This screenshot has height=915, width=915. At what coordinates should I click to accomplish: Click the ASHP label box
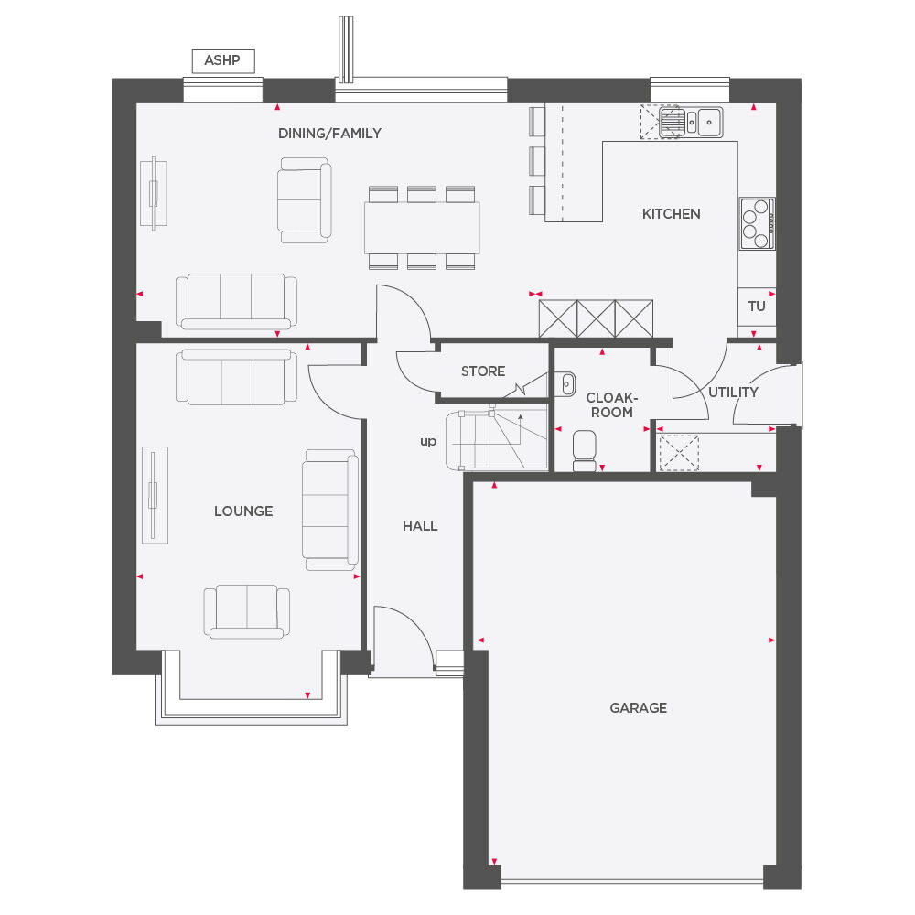[x=222, y=61]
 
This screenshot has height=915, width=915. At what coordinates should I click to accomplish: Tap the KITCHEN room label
[x=671, y=214]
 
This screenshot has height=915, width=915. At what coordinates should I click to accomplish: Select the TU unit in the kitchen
[x=757, y=307]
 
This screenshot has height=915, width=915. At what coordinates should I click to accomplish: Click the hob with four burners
[x=757, y=223]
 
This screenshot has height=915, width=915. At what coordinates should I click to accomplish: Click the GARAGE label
[x=638, y=707]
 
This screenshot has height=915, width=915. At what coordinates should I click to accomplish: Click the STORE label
[x=482, y=371]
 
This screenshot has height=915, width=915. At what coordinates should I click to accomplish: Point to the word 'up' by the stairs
[x=427, y=442]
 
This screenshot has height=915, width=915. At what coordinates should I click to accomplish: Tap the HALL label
[x=420, y=526]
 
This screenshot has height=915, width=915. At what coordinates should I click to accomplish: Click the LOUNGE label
[x=243, y=511]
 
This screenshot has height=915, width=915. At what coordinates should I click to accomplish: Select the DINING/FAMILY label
[x=329, y=134]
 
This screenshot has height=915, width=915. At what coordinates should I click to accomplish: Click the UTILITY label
[x=733, y=393]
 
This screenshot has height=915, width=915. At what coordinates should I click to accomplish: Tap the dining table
[x=422, y=227]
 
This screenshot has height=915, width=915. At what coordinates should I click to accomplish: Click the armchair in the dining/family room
[x=304, y=199]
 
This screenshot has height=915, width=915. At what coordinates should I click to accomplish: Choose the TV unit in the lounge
[x=155, y=494]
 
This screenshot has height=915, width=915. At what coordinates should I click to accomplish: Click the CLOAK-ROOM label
[x=611, y=405]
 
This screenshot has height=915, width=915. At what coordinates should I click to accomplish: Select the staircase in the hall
[x=494, y=441]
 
